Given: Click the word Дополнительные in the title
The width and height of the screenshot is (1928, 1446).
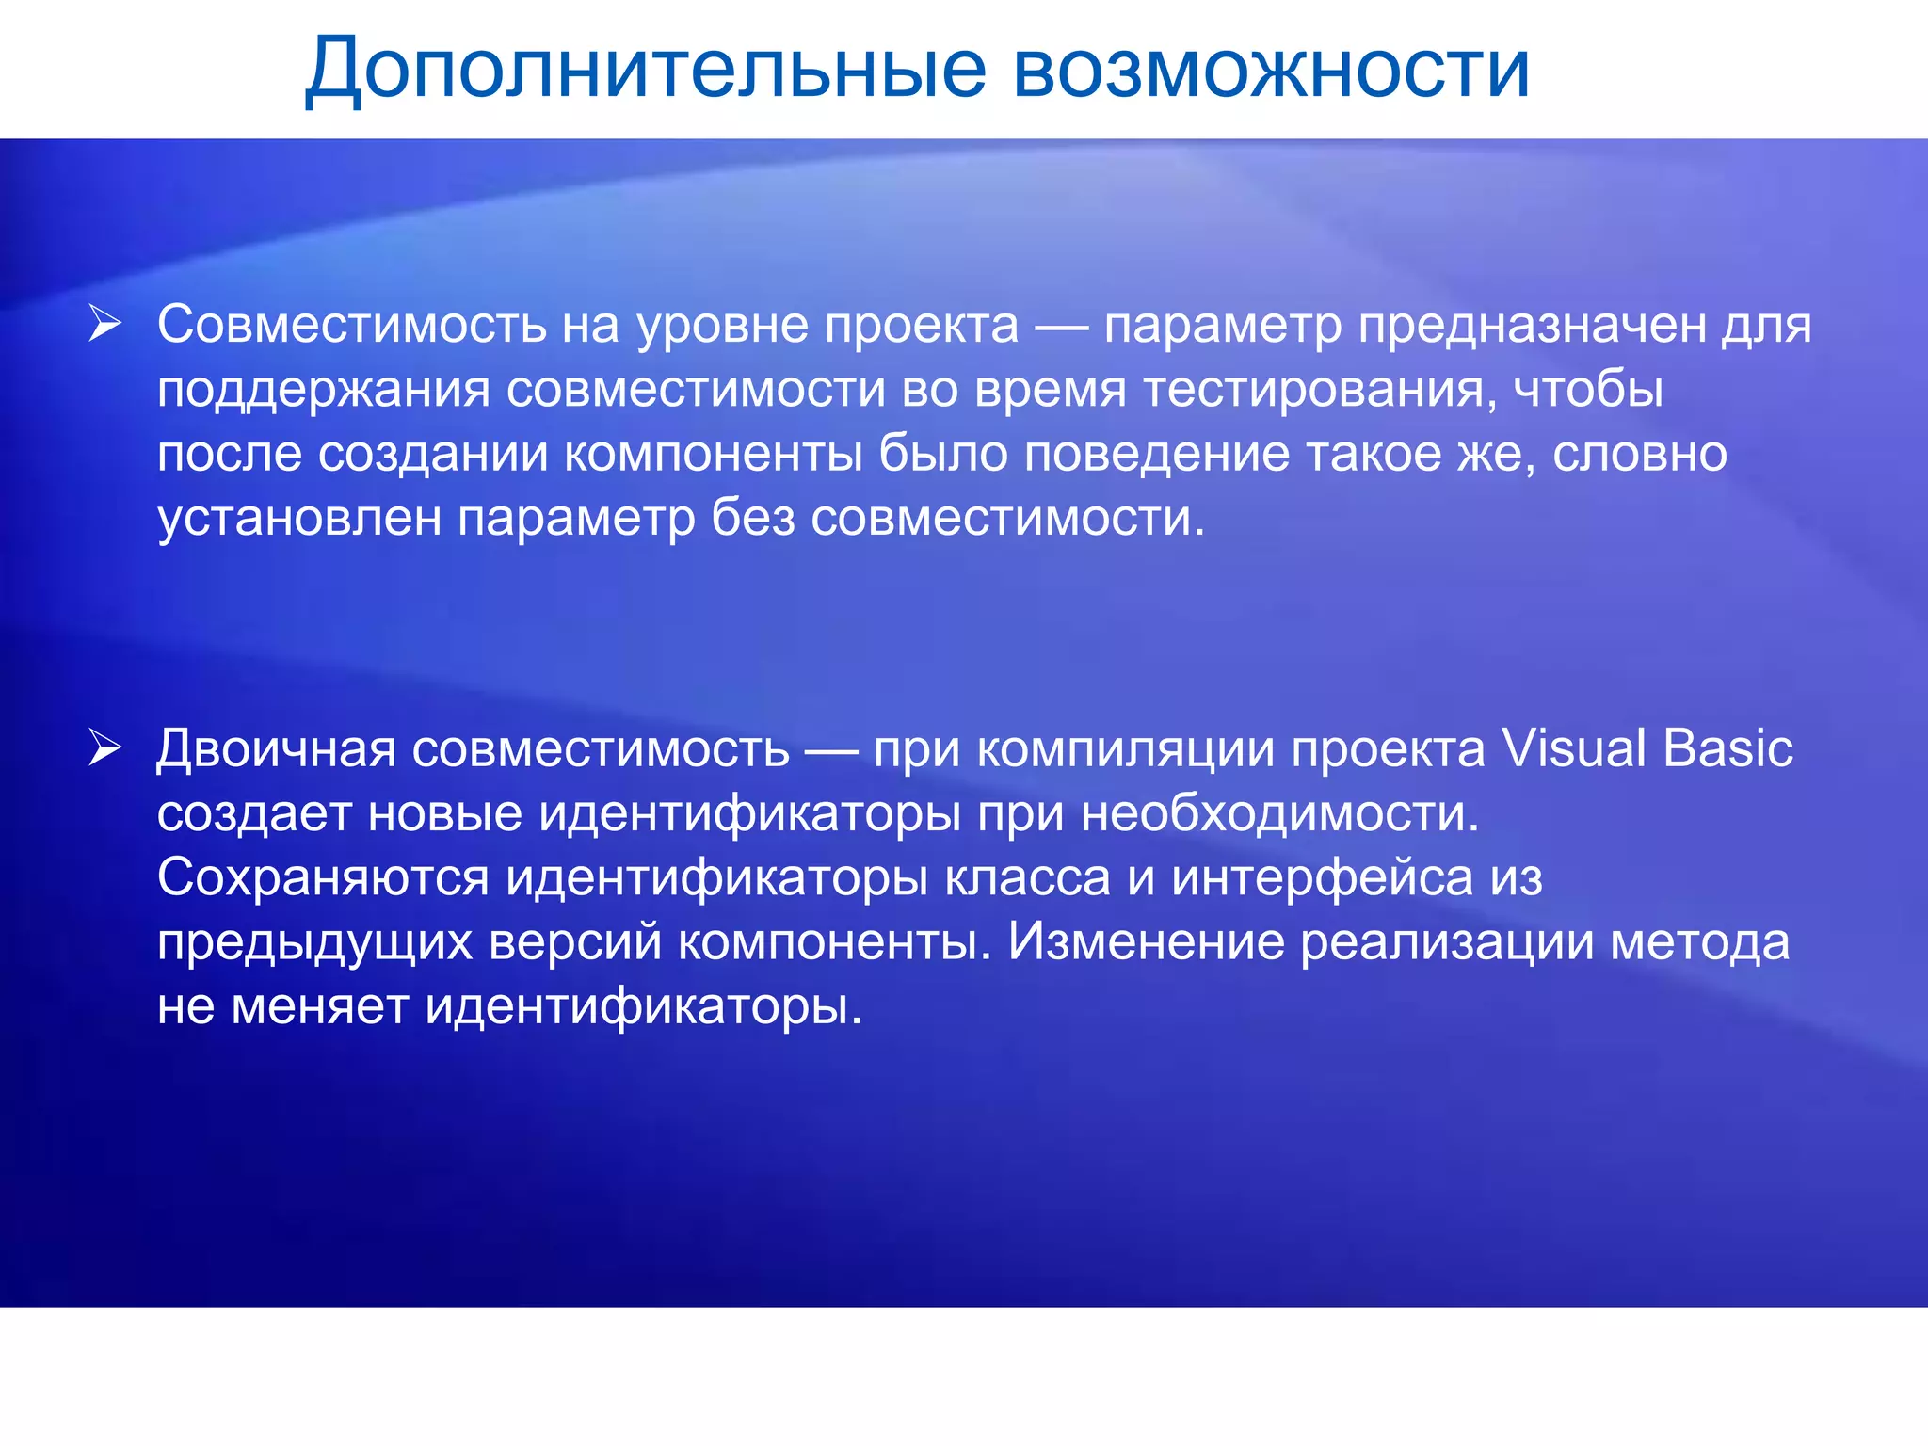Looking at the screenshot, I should (646, 70).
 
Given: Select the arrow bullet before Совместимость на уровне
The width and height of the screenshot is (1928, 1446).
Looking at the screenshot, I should (104, 324).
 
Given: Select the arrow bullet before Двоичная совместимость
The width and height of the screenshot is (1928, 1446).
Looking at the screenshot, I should (104, 748).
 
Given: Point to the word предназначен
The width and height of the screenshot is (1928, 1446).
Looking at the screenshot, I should (1532, 326).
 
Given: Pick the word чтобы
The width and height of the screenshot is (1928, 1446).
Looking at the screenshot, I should (1589, 390).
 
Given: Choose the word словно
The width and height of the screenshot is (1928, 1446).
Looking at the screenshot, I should (1640, 454).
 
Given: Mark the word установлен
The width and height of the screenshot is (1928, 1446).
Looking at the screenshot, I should (299, 518).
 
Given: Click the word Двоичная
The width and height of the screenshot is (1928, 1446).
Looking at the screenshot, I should (276, 750).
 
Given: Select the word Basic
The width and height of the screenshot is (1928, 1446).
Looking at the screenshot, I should (1727, 750).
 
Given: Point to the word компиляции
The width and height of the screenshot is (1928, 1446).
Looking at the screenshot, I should (1124, 750).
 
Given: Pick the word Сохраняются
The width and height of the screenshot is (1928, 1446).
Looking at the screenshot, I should (323, 878).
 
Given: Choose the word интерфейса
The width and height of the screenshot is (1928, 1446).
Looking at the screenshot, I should (1322, 878).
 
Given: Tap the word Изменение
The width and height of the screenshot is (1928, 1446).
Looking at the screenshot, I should (1146, 942).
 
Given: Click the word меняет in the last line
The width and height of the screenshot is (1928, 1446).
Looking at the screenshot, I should (319, 1006).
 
